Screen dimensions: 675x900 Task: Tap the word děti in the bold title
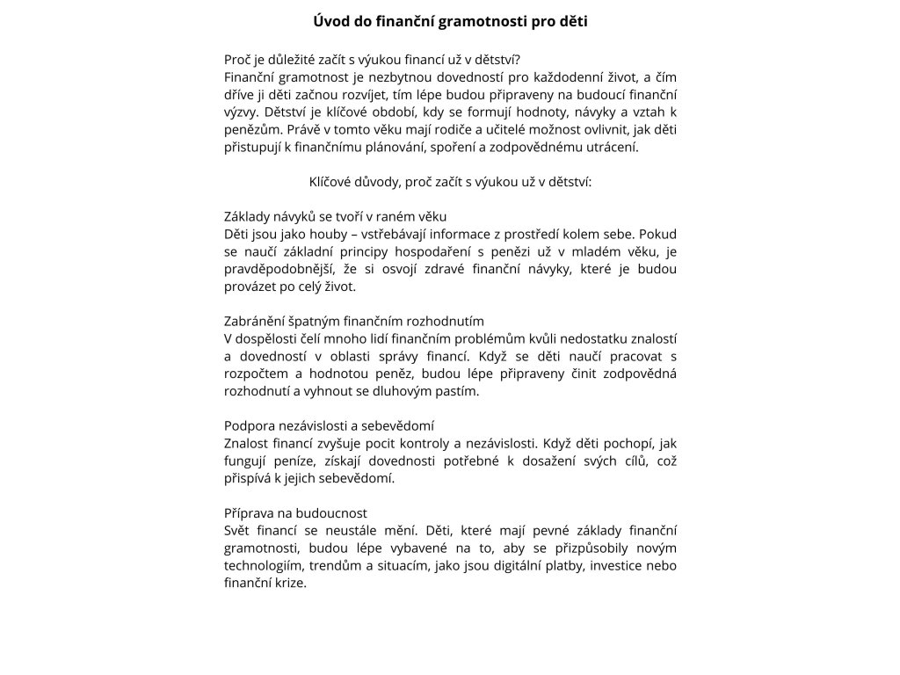coord(570,20)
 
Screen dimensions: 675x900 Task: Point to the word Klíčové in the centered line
coord(330,182)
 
